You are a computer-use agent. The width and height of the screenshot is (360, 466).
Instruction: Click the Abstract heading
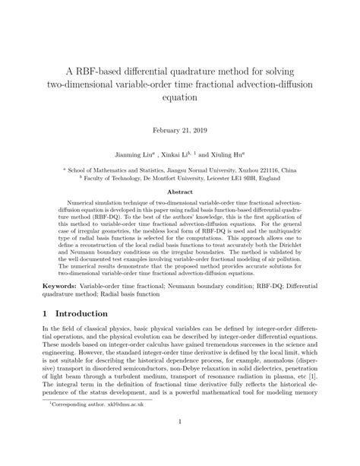click(180, 193)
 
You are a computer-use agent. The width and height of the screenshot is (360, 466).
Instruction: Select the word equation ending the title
click(180, 98)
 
